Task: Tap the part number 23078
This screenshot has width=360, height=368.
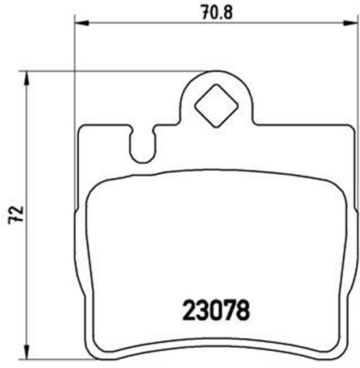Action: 217,310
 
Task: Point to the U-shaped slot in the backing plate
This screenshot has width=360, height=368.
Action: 141,147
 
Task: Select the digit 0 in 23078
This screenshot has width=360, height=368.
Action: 217,310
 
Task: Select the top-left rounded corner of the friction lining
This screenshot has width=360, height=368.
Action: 95,190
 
